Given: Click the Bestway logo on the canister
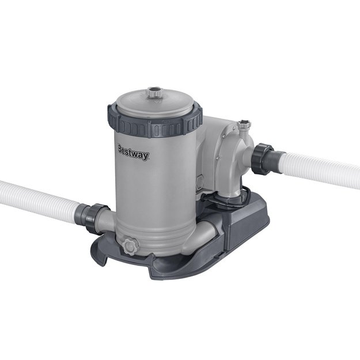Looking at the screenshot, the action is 133,153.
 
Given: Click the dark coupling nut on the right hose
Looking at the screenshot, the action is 262,159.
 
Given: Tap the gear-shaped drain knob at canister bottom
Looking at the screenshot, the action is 130,247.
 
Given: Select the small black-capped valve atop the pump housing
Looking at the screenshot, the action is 244,125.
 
